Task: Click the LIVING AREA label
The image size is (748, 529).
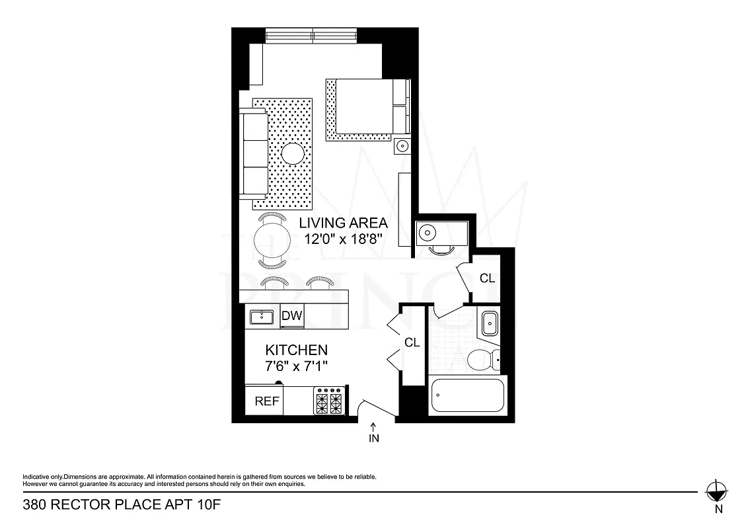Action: tap(343, 223)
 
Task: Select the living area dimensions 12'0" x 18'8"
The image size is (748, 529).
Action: tap(343, 239)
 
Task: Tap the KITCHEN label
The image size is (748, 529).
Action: tap(296, 350)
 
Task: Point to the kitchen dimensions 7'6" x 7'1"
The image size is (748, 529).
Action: tap(296, 365)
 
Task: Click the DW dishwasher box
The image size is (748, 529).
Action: tap(291, 316)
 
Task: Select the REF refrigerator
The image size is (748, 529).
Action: tap(266, 401)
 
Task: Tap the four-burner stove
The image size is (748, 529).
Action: tap(330, 400)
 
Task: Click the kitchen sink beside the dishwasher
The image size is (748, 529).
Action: tap(262, 317)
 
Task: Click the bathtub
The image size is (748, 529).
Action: tap(467, 396)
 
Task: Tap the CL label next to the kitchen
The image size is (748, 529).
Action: tap(412, 343)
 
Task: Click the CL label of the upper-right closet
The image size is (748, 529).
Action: tap(487, 278)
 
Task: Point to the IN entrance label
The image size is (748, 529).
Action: tap(374, 438)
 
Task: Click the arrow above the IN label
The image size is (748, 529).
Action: tap(374, 427)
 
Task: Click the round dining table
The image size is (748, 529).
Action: tap(273, 241)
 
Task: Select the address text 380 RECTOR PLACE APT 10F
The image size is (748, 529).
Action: tap(121, 506)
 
